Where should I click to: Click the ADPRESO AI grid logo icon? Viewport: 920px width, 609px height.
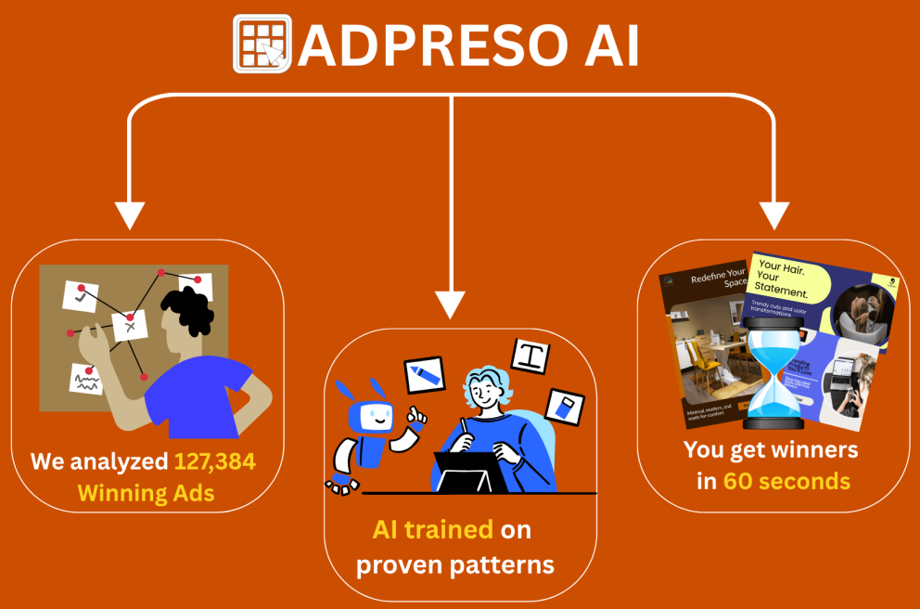(262, 44)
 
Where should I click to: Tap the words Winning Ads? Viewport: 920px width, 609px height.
(146, 491)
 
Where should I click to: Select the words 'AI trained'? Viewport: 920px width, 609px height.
(432, 530)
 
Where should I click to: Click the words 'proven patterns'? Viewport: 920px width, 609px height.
(455, 563)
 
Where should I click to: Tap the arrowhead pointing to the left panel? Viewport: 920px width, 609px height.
(129, 214)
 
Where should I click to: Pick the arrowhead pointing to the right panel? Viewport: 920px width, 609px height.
(772, 214)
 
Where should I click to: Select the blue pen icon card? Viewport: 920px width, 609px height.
(425, 372)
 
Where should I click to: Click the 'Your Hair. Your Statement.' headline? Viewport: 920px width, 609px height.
(784, 279)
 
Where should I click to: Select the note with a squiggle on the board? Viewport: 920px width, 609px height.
(85, 379)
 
